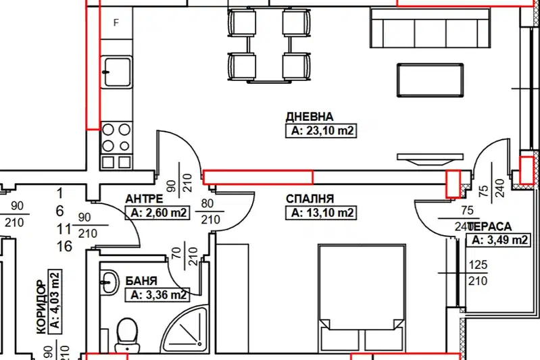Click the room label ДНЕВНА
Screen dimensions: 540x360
pos(310,117)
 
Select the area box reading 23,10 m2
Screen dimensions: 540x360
pos(321,131)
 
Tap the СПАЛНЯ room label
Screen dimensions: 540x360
pos(310,199)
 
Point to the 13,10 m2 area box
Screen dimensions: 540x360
pos(321,213)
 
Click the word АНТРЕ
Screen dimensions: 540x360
pos(144,199)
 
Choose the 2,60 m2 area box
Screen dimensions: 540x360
pos(157,213)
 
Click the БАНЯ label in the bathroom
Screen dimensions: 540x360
pos(141,281)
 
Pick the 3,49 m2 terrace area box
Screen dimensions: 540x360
pos(497,240)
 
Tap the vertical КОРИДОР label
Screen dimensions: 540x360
pos(41,307)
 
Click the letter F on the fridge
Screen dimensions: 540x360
pos(116,23)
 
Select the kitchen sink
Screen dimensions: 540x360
pos(117,72)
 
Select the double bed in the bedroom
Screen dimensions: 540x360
pos(362,299)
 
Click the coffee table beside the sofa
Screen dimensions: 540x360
pos(430,80)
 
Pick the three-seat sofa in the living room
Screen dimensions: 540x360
pos(431,28)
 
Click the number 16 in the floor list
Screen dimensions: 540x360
pos(64,247)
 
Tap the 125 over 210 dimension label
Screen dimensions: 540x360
pos(478,273)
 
